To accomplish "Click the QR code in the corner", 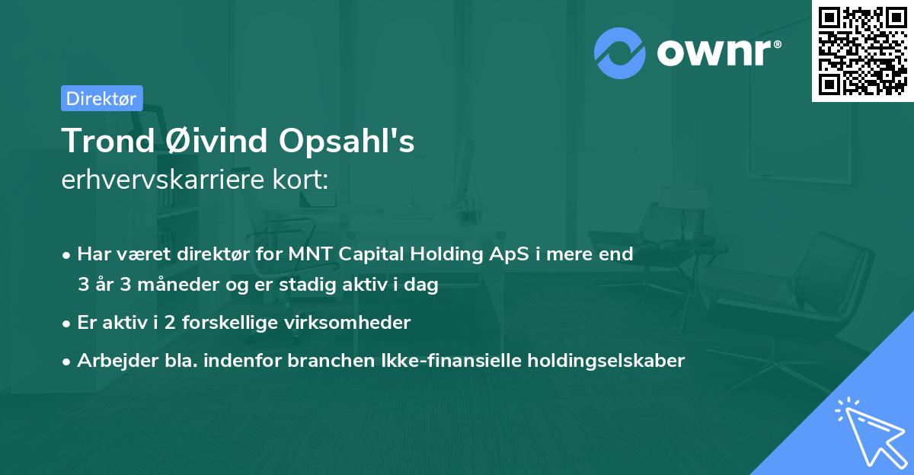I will (x=863, y=51).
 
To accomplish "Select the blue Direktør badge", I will (x=101, y=98).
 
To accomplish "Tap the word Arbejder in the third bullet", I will (x=112, y=361).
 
